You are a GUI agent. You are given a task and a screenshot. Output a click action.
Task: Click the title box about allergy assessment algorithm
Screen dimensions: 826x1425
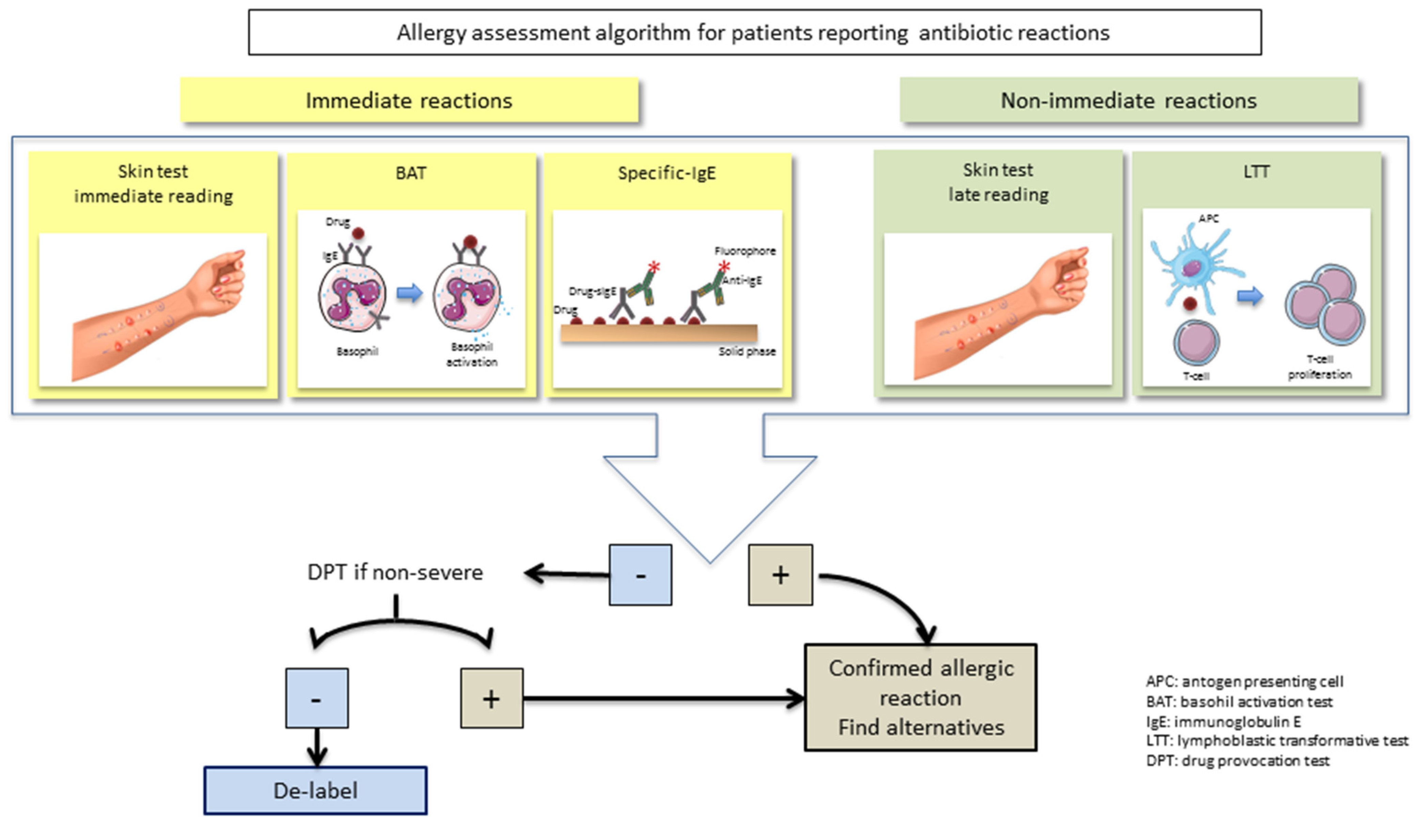(x=754, y=32)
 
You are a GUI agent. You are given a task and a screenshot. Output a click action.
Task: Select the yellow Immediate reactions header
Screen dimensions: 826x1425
(x=409, y=100)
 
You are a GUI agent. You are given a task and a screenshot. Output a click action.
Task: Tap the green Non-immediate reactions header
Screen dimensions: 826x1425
(x=1128, y=100)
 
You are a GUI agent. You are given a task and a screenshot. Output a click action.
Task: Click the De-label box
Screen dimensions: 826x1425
(x=316, y=790)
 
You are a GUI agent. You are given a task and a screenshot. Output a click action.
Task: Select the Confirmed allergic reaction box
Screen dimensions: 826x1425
(x=921, y=698)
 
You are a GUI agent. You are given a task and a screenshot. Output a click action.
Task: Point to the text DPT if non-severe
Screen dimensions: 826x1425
(x=395, y=572)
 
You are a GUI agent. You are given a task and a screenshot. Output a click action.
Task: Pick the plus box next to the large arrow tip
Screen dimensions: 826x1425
(x=780, y=575)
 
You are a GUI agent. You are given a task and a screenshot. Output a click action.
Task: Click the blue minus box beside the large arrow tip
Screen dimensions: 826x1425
(x=640, y=575)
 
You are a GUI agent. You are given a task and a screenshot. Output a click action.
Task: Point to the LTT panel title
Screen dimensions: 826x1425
(x=1256, y=172)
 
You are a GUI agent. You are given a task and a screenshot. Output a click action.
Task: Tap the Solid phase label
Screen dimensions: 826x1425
(x=747, y=351)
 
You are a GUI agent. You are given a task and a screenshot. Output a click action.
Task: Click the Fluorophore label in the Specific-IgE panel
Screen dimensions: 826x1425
(x=745, y=251)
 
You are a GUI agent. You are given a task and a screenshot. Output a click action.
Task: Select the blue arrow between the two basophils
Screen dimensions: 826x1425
(x=409, y=293)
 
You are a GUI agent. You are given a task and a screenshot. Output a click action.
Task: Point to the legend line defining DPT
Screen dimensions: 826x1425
(x=1237, y=761)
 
